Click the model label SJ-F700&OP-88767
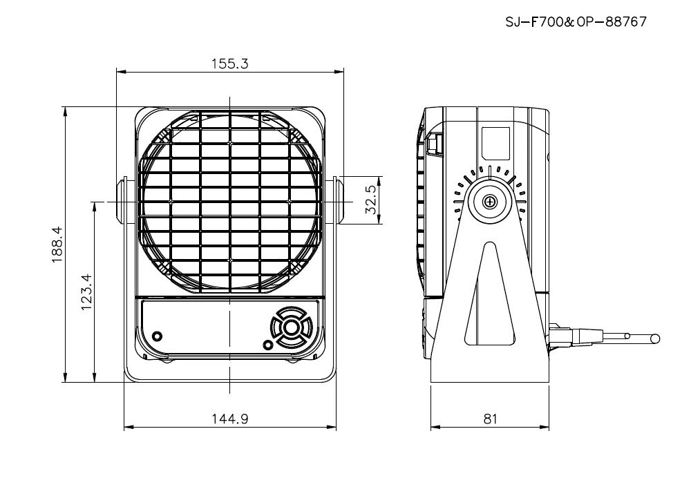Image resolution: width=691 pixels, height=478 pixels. click(x=576, y=21)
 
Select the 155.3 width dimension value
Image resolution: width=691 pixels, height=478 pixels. click(x=229, y=64)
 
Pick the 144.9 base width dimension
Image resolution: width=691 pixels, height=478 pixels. click(x=229, y=419)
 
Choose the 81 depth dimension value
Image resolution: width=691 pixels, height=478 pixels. click(x=490, y=419)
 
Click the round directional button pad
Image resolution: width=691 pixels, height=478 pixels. click(x=290, y=326)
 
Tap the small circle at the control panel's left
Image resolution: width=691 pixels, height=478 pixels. click(x=158, y=336)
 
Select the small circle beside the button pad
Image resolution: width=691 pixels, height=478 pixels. click(x=268, y=345)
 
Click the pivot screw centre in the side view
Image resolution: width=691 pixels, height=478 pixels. click(x=490, y=202)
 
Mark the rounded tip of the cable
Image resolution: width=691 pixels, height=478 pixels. click(x=654, y=338)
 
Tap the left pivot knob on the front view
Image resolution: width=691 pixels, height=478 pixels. click(x=120, y=201)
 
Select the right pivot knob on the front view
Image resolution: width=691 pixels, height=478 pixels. click(x=339, y=201)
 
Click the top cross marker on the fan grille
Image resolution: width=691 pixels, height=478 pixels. click(x=229, y=143)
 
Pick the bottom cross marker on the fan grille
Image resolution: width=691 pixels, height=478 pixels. click(x=229, y=260)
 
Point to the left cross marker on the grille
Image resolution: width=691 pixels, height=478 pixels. click(x=171, y=201)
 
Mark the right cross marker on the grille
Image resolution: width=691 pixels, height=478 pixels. click(x=288, y=201)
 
